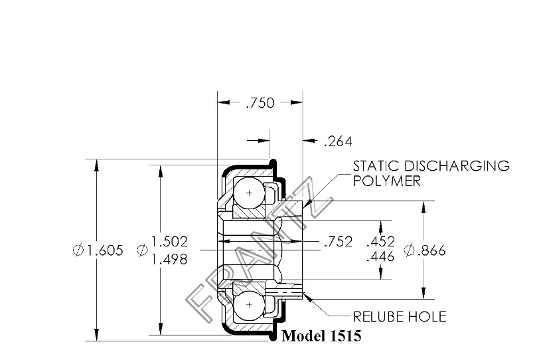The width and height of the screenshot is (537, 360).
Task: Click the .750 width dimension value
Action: (x=260, y=103)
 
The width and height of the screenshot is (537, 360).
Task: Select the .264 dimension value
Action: (x=338, y=141)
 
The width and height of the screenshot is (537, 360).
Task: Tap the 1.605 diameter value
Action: (x=104, y=250)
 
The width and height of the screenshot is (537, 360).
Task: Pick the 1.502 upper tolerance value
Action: (x=169, y=242)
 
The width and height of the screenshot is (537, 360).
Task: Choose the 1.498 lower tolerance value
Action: (x=169, y=259)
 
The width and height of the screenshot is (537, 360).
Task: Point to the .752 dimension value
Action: (x=339, y=242)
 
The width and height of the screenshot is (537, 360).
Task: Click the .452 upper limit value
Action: (x=380, y=242)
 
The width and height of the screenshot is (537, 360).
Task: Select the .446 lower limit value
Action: (x=380, y=256)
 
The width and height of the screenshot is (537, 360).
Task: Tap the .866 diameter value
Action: (x=431, y=250)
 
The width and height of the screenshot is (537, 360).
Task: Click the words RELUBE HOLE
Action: (x=400, y=317)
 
